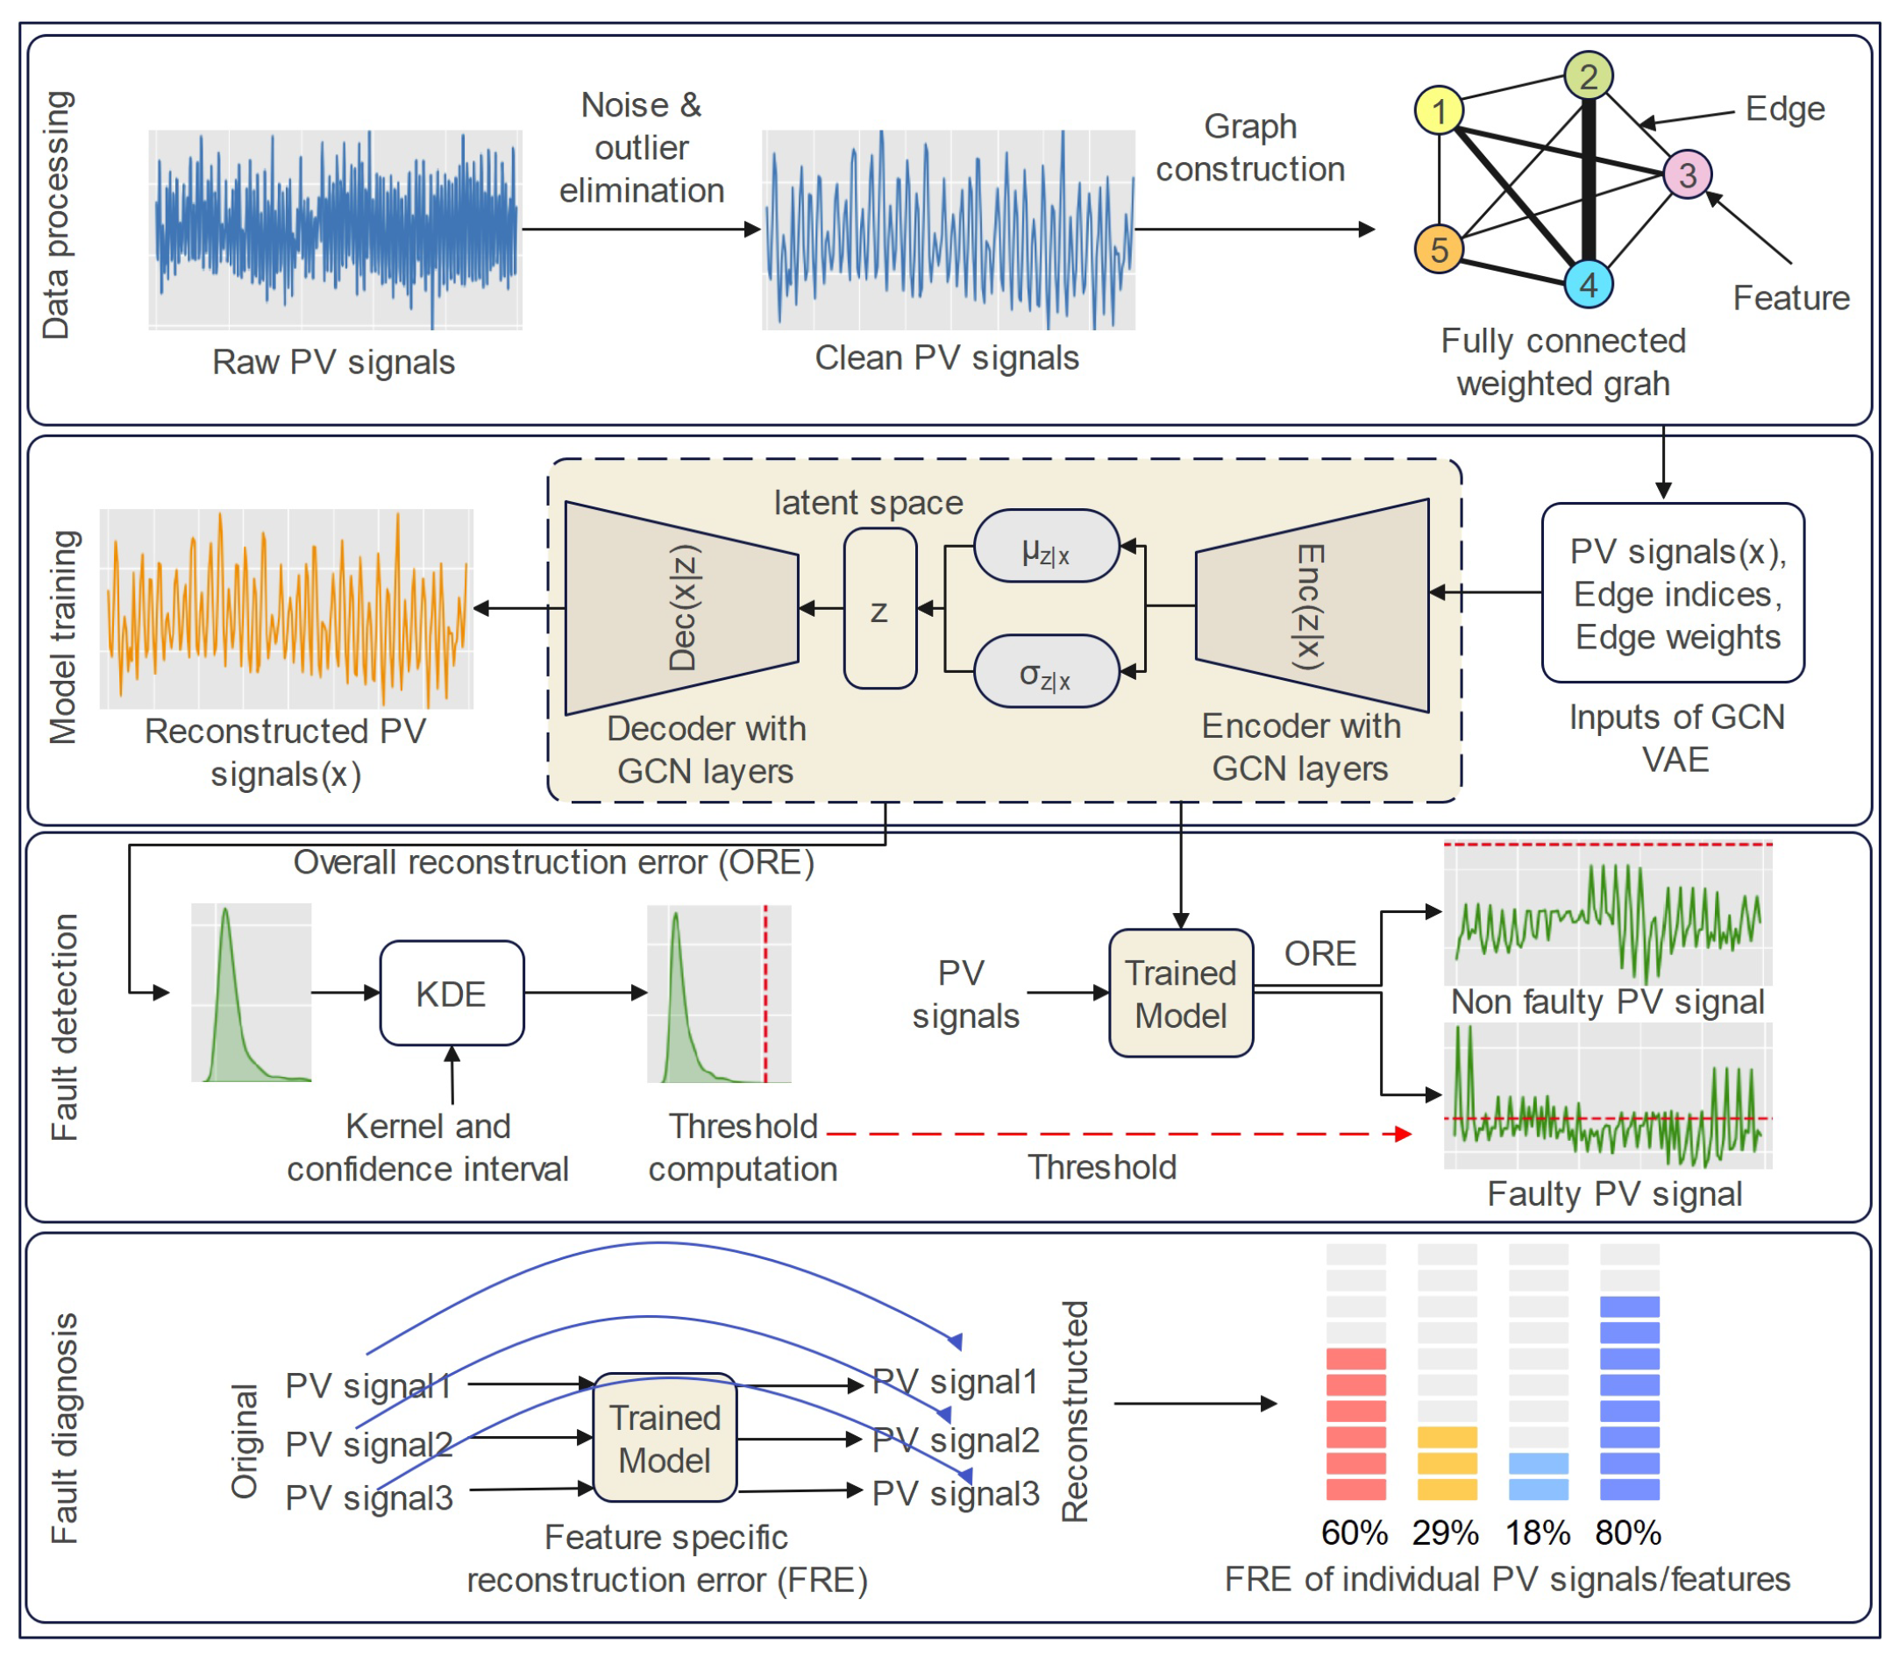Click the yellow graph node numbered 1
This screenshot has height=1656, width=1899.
[1439, 111]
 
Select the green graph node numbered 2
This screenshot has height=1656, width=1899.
[1588, 75]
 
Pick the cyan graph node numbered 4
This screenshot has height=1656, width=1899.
[1588, 284]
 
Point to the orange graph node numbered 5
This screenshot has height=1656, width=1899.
[1439, 250]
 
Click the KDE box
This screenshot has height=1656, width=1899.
[452, 994]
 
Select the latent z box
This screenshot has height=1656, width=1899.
[879, 609]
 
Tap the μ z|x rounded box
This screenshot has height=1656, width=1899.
[1046, 547]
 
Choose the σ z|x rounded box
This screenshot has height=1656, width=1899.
[1046, 672]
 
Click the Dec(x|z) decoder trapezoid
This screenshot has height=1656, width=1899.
[682, 607]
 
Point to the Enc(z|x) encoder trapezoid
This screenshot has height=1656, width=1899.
[1311, 605]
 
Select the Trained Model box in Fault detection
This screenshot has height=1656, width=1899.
[1181, 994]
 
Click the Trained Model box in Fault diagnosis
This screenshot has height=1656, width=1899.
[664, 1438]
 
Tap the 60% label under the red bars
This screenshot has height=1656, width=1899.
[1355, 1533]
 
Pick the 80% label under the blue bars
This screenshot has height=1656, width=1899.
[1628, 1533]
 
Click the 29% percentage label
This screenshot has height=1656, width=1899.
[1445, 1533]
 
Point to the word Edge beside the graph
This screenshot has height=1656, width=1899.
[1784, 109]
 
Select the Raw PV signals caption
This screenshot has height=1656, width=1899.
[333, 361]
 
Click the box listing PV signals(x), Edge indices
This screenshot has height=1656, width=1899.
[1673, 593]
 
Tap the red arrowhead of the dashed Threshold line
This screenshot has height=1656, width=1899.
[1404, 1134]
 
